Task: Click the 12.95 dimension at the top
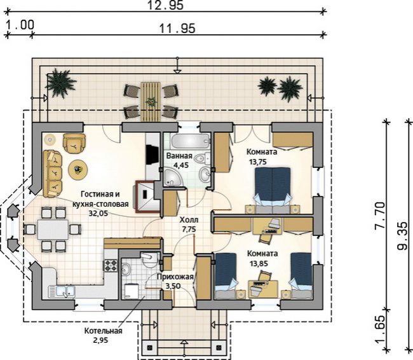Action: pyautogui.click(x=165, y=5)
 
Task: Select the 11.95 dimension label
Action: pyautogui.click(x=177, y=28)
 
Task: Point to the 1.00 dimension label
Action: pyautogui.click(x=20, y=25)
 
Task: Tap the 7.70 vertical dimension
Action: pyautogui.click(x=379, y=216)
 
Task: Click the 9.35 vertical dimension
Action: pyautogui.click(x=402, y=235)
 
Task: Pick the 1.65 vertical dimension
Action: pyautogui.click(x=379, y=330)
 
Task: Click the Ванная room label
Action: pyautogui.click(x=179, y=156)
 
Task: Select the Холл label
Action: pyautogui.click(x=189, y=219)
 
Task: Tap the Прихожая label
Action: pyautogui.click(x=175, y=277)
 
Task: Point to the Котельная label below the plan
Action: pyautogui.click(x=103, y=331)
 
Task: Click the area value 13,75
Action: pyautogui.click(x=258, y=162)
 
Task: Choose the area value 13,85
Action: pyautogui.click(x=259, y=263)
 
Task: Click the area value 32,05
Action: pyautogui.click(x=98, y=213)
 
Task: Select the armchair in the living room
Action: pyautogui.click(x=74, y=144)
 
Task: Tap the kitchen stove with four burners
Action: pyautogui.click(x=111, y=265)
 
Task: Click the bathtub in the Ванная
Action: pyautogui.click(x=191, y=141)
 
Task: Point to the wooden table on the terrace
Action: pyautogui.click(x=151, y=102)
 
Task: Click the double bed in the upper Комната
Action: pyautogui.click(x=273, y=190)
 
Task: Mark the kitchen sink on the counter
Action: pyautogui.click(x=62, y=291)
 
